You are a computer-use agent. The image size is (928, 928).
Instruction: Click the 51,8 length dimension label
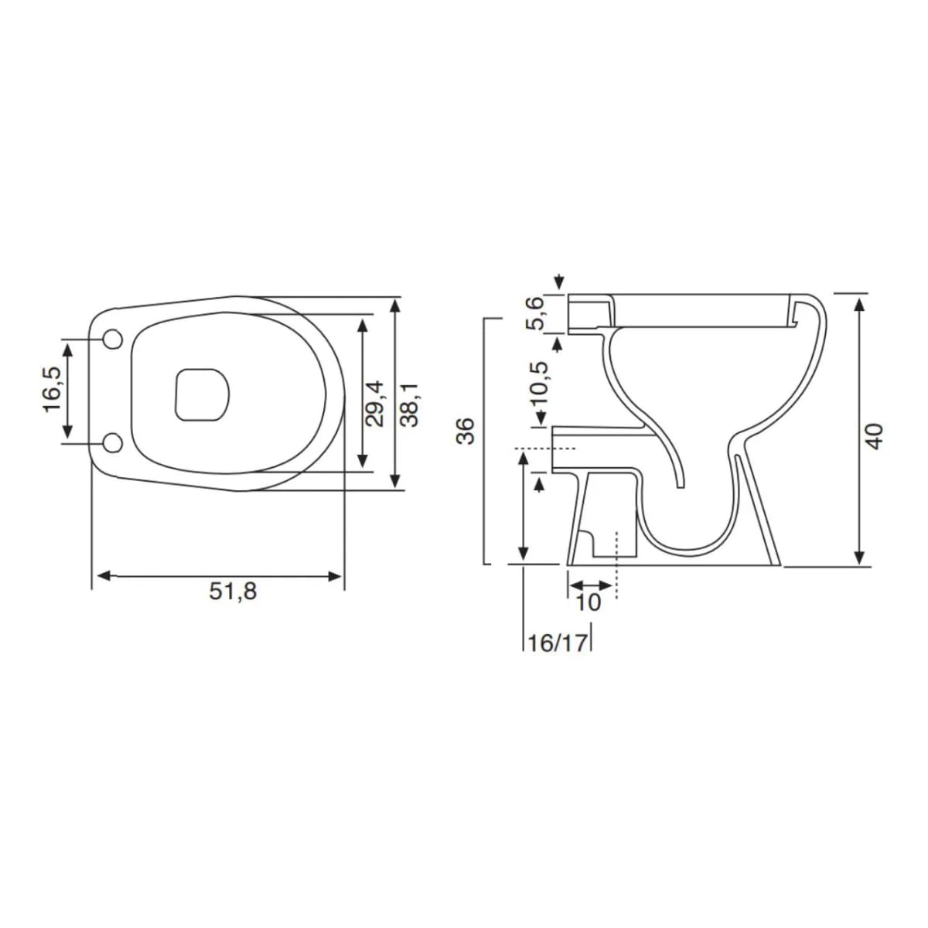pos(233,591)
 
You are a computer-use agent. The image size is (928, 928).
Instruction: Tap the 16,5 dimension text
pos(53,389)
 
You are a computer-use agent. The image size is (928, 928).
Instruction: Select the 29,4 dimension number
pos(374,403)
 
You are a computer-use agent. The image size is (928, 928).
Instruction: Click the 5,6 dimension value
pos(534,313)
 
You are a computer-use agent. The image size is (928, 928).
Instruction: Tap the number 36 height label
pos(466,431)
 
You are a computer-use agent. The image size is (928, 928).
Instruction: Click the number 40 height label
pos(875,436)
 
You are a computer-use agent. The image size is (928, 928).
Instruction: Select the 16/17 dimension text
pos(558,643)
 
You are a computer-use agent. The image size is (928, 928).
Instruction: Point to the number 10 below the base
pos(589,602)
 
